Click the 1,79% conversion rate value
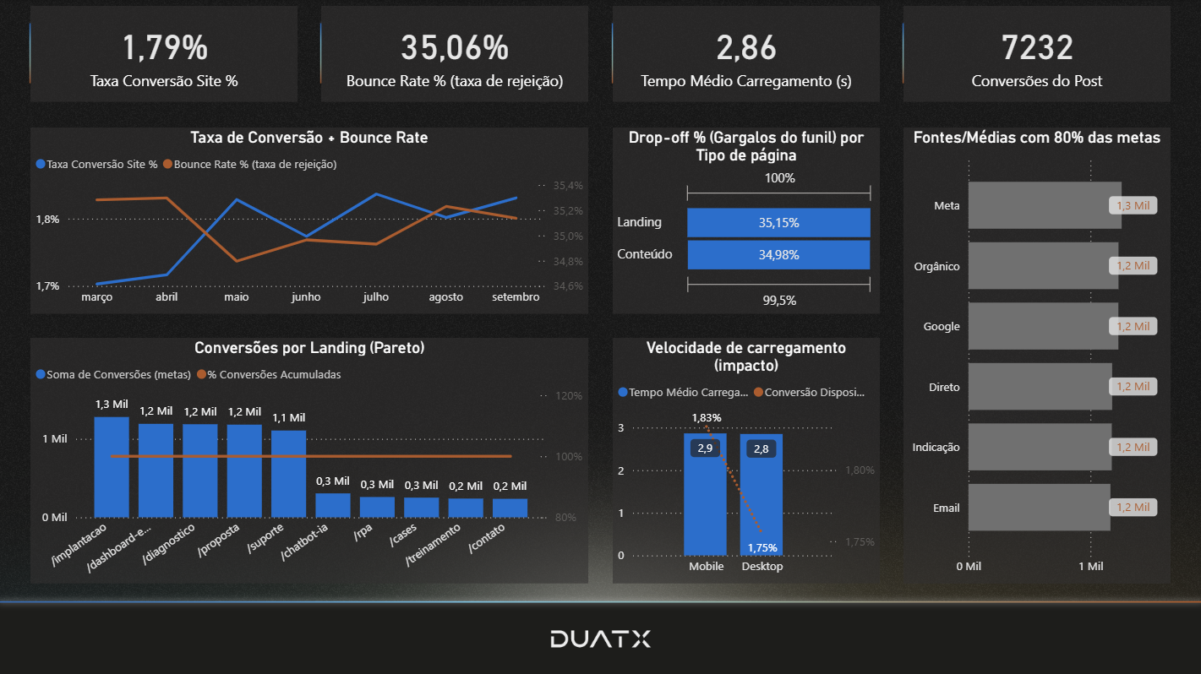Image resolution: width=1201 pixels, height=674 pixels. tap(165, 48)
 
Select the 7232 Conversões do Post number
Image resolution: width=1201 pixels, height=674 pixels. tap(1037, 48)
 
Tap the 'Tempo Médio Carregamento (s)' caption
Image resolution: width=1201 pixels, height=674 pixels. tap(745, 81)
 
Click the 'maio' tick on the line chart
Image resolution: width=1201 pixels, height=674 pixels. tap(236, 297)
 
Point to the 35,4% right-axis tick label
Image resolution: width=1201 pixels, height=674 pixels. tap(568, 185)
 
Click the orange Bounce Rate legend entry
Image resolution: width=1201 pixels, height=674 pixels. tap(249, 164)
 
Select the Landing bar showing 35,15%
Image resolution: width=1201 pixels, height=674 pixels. tap(778, 223)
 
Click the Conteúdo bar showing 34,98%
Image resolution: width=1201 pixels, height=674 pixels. tap(778, 254)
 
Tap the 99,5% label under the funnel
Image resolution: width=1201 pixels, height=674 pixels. tap(778, 300)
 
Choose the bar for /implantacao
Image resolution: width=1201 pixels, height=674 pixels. tap(112, 466)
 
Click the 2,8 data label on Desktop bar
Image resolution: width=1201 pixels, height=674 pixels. tap(762, 448)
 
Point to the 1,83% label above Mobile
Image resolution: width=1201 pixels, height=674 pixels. tap(706, 417)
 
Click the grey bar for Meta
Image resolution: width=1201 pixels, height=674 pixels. tap(1044, 205)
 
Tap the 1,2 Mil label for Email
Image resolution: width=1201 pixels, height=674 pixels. tap(1133, 508)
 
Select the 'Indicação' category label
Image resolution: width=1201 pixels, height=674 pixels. tap(936, 448)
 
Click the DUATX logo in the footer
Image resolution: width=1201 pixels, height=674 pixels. tap(600, 639)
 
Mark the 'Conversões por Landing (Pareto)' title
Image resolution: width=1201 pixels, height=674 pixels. tap(309, 347)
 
